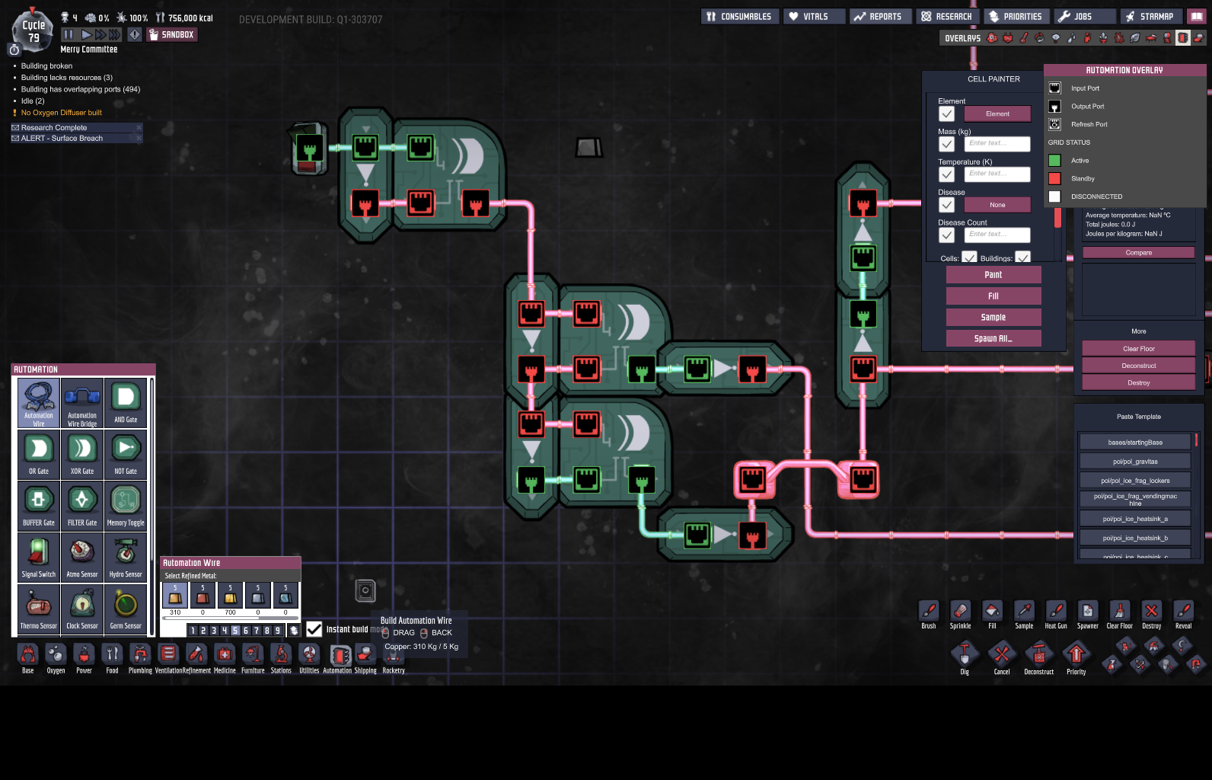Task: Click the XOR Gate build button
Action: [82, 454]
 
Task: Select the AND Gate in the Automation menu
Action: [126, 402]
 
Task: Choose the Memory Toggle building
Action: [126, 506]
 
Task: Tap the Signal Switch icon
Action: [39, 558]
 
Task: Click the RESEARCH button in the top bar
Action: [946, 17]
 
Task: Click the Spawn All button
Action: [993, 339]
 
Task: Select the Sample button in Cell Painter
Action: [993, 318]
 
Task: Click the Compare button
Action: [1138, 253]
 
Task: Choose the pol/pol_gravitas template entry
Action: [1134, 462]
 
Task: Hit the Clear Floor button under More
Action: [1138, 349]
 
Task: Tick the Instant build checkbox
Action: [314, 629]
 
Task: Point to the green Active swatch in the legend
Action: [1054, 161]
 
